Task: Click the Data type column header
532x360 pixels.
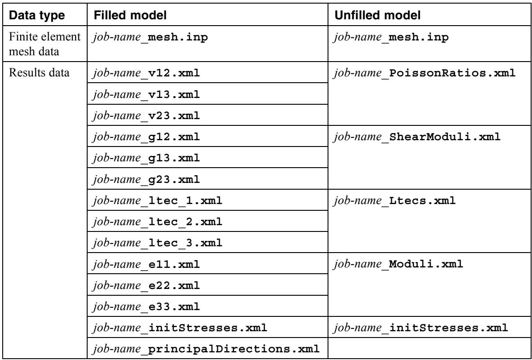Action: coord(37,16)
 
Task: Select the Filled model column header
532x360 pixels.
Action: coord(130,16)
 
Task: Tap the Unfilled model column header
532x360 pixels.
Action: coord(377,16)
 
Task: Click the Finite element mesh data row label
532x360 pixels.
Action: coord(44,44)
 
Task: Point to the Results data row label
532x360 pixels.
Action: coord(39,73)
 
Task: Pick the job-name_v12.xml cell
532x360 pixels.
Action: coord(146,73)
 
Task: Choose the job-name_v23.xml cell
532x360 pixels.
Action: coord(146,116)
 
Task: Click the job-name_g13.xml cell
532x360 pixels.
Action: coord(146,158)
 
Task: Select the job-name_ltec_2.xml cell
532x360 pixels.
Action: coord(157,222)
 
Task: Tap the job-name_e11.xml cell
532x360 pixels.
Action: coord(146,264)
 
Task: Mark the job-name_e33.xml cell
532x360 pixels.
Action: coord(146,307)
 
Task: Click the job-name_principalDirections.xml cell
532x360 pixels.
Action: coord(206,349)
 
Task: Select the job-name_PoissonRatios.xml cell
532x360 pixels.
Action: coord(425,73)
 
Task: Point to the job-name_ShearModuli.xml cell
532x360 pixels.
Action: coord(417,137)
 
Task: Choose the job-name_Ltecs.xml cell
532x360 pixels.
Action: coord(395,200)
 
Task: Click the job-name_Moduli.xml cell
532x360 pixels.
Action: coord(398,264)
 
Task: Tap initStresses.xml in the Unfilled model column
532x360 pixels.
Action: coord(448,328)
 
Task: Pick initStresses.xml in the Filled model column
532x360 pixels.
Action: coord(208,328)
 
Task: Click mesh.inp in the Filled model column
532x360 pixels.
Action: coord(178,37)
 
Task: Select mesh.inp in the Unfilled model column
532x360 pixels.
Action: coord(419,37)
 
